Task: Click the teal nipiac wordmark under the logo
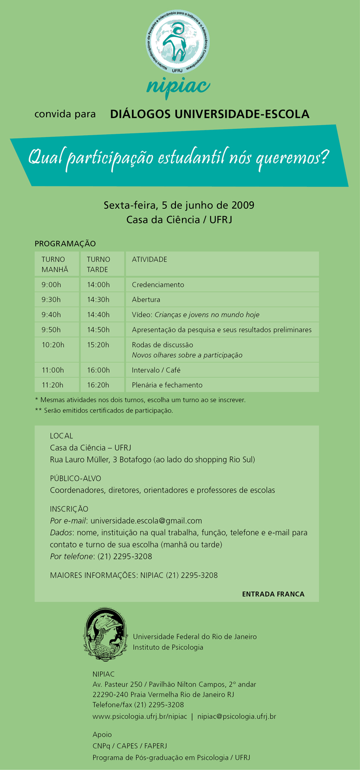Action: click(x=179, y=85)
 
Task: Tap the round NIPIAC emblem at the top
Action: click(x=178, y=42)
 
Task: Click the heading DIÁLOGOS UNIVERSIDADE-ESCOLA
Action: click(x=210, y=114)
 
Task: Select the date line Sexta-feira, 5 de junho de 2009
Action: click(x=179, y=205)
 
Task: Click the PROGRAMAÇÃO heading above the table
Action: click(x=65, y=244)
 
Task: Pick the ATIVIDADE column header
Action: click(x=150, y=259)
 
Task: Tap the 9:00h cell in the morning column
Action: click(x=51, y=285)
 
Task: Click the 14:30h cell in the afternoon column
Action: click(x=98, y=300)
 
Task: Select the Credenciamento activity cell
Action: click(x=158, y=285)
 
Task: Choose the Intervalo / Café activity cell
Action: click(x=156, y=370)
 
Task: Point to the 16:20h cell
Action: click(x=98, y=385)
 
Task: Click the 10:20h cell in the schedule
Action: click(x=53, y=345)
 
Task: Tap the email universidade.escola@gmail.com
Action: click(x=146, y=521)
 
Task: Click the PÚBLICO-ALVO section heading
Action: click(x=75, y=478)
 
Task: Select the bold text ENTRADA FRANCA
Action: click(x=273, y=594)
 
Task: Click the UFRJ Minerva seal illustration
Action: click(x=106, y=634)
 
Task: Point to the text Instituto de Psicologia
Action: click(x=168, y=647)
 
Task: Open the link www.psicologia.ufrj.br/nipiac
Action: click(x=140, y=716)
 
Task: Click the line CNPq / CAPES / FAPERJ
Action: click(x=130, y=746)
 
